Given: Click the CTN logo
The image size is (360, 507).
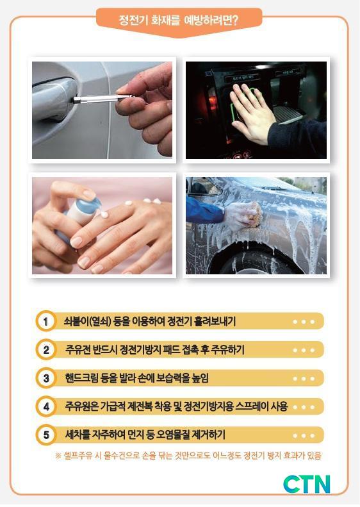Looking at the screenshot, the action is click(x=306, y=484).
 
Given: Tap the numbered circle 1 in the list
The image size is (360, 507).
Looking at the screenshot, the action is click(x=46, y=321).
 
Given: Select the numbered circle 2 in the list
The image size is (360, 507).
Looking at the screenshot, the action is click(x=46, y=349).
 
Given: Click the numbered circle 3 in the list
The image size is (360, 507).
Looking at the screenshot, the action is click(x=46, y=378).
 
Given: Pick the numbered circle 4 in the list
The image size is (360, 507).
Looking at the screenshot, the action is click(x=46, y=406).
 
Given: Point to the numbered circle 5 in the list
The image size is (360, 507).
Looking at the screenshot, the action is click(x=46, y=435).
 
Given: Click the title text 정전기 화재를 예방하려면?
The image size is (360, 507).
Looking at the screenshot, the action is click(x=178, y=21).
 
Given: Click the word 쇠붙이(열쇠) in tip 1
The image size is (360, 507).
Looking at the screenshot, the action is click(x=87, y=321).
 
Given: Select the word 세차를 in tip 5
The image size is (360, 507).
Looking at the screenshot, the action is click(x=78, y=434).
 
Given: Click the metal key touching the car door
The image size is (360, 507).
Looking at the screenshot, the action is click(x=102, y=98).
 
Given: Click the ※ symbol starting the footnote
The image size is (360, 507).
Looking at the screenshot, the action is click(x=58, y=456).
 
